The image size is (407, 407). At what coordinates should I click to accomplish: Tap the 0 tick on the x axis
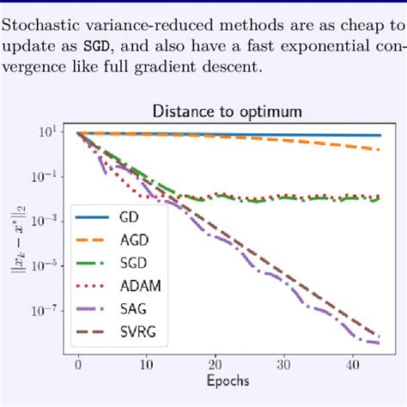[x=78, y=363]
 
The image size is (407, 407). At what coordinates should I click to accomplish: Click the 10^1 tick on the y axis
[x=46, y=131]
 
